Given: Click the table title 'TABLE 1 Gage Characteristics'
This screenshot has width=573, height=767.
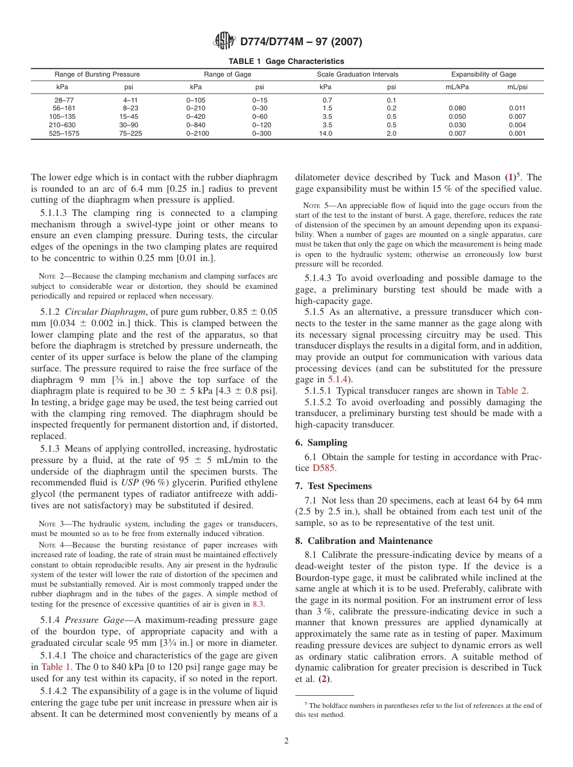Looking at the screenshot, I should pos(286,62).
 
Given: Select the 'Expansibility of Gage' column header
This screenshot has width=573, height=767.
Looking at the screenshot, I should pos(484,74).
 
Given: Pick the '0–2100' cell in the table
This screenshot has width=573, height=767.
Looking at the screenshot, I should pos(197,134).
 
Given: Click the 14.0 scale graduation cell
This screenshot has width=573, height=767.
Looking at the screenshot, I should pos(325,134).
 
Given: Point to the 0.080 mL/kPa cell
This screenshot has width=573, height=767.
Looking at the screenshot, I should pos(457,109).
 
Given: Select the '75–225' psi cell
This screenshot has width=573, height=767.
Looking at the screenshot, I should pos(130,134).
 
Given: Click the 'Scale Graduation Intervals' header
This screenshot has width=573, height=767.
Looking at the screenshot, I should pos(358,74).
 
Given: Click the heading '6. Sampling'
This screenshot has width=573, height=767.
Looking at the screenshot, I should pos(320,443).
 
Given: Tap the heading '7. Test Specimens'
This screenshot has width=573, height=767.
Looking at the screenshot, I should pos(334,486).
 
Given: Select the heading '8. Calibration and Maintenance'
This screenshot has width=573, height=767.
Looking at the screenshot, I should pos(364,541).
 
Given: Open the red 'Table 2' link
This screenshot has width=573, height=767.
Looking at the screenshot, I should pos(511,391).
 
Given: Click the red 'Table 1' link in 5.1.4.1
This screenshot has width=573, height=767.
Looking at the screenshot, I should pos(55,667).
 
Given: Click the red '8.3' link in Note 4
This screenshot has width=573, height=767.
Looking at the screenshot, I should pos(258,604).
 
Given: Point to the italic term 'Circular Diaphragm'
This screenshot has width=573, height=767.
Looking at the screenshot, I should pos(104,312).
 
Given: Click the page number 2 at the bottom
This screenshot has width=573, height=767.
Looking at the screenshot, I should pos(286,741).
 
